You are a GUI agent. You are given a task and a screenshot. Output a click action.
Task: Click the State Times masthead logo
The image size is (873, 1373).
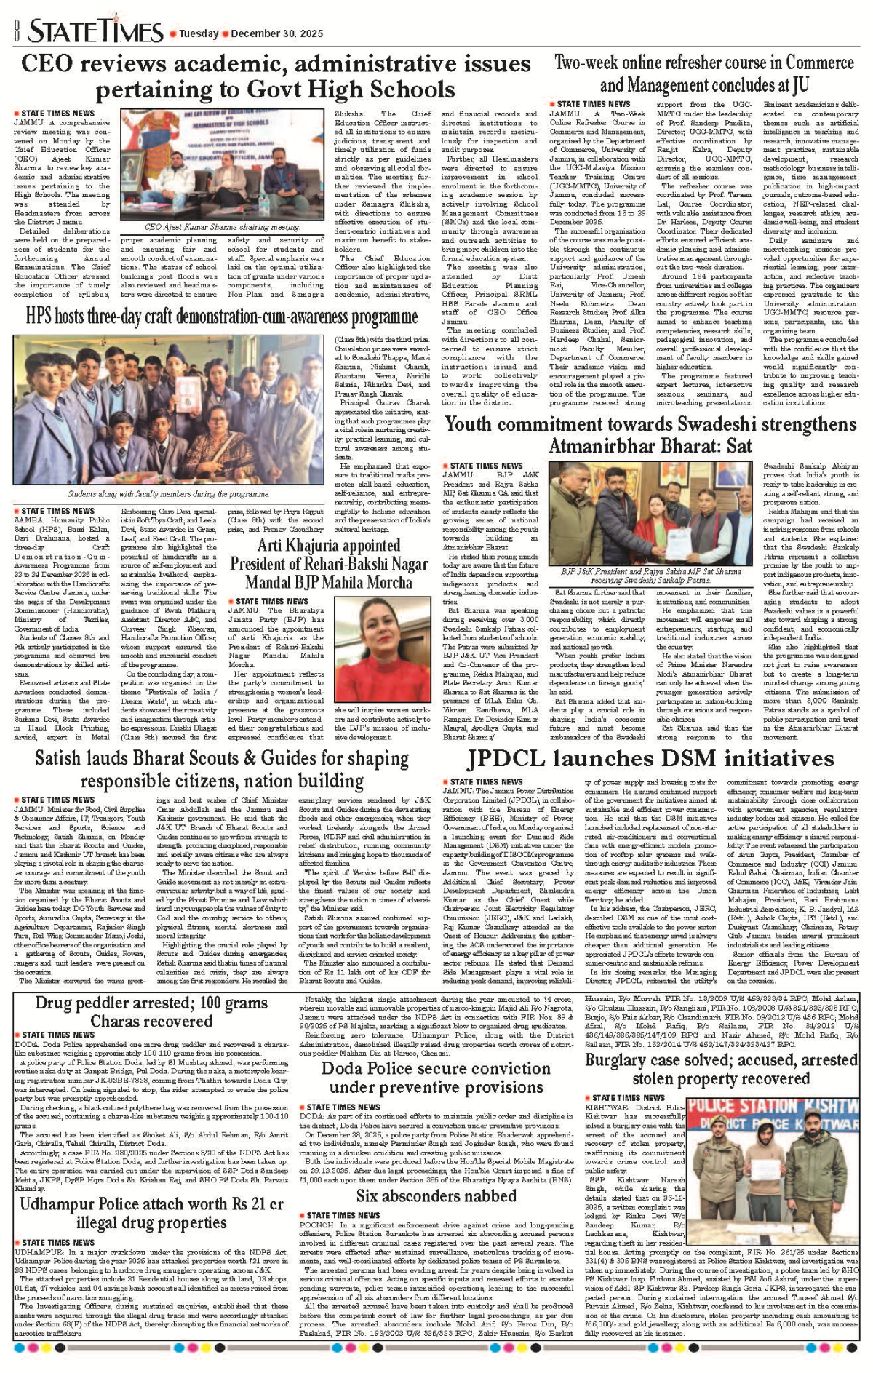[x=95, y=31]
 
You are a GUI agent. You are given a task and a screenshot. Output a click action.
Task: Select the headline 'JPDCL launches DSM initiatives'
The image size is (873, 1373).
[x=650, y=758]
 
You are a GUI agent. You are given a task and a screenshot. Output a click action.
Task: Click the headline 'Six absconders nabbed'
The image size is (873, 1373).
[x=436, y=1195]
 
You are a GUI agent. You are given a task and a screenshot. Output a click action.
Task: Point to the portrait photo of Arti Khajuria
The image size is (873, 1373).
[x=382, y=648]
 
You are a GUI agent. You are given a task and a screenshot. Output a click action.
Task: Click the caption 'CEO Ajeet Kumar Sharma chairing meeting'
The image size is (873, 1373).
[x=222, y=227]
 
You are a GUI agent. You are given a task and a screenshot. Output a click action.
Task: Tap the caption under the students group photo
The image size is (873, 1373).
[x=168, y=494]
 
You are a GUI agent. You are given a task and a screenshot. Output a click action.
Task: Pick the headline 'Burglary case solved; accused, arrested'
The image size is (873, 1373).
[x=721, y=1069]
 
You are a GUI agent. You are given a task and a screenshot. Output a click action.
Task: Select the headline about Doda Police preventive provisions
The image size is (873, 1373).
[x=436, y=1077]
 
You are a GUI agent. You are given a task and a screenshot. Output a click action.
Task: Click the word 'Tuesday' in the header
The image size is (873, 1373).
[x=199, y=33]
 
